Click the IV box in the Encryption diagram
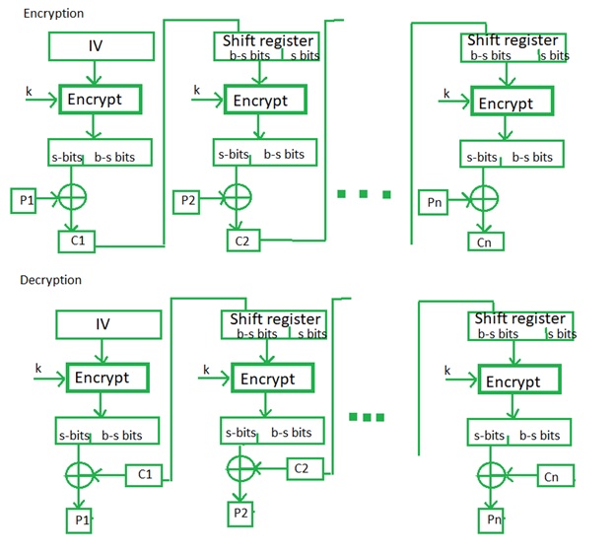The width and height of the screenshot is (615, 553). pos(102,46)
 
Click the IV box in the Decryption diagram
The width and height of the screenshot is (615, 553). pos(102,324)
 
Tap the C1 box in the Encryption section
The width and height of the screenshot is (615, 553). pos(76,240)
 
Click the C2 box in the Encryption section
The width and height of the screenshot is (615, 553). pos(242,240)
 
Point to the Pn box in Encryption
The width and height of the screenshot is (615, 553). pos(436,202)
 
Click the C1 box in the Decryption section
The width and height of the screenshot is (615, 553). pos(144,476)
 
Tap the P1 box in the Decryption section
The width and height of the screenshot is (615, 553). pos(79,518)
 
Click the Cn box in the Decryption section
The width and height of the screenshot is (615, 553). pos(553,476)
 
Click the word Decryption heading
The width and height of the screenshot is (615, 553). pos(51,280)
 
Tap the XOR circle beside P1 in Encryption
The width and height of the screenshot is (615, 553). pos(73,198)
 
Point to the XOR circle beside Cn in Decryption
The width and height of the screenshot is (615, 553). pos(489,474)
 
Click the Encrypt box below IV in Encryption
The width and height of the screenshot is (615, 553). pos(101,100)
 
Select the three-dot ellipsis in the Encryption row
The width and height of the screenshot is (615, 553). pos(361,194)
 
